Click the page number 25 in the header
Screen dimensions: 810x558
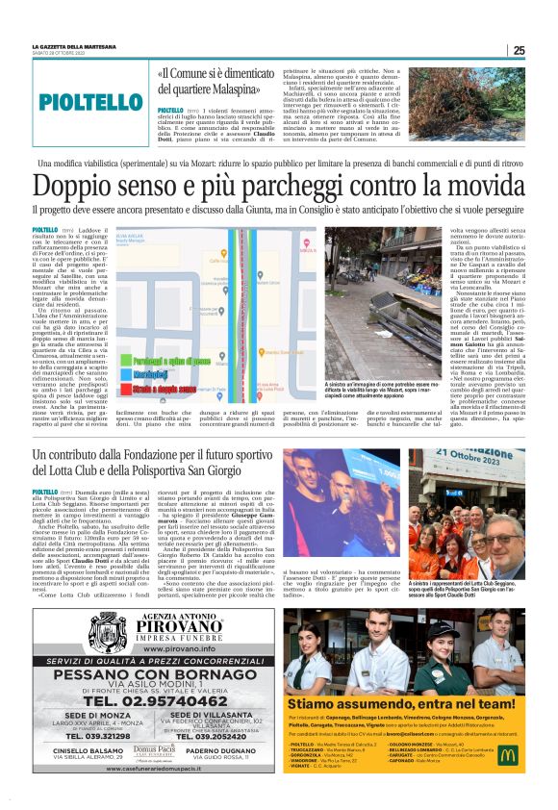pos(519,50)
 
